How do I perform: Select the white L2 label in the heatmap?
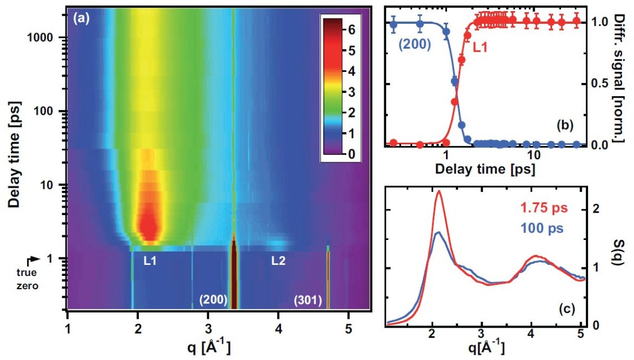point(279,261)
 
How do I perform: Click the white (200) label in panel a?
point(213,300)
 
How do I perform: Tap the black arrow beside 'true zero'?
point(33,259)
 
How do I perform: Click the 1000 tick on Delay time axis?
point(46,38)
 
